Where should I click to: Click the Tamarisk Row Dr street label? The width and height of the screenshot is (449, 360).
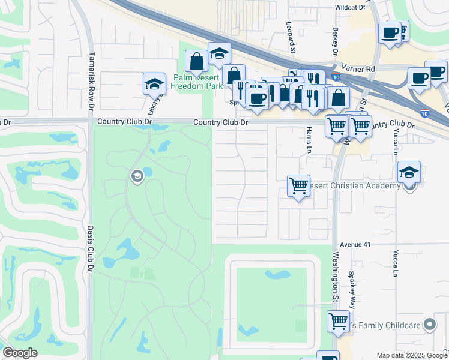[x=91, y=77]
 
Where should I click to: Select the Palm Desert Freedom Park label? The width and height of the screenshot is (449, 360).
[x=194, y=82]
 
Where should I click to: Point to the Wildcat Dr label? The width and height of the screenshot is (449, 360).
[x=350, y=7]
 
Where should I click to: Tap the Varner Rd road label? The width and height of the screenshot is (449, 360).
[x=358, y=69]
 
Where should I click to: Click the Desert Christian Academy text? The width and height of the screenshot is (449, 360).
[x=353, y=186]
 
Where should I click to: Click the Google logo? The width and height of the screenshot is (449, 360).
[x=20, y=353]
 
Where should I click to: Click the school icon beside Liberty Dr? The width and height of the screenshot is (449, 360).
[x=154, y=83]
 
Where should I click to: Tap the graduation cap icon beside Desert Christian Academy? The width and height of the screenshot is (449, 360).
[x=409, y=172]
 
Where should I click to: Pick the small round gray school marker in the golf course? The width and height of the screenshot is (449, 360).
[x=136, y=176]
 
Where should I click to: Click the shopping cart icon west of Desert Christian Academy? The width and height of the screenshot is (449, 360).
[x=298, y=185]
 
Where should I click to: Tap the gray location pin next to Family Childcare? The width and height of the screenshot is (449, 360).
[x=430, y=325]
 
